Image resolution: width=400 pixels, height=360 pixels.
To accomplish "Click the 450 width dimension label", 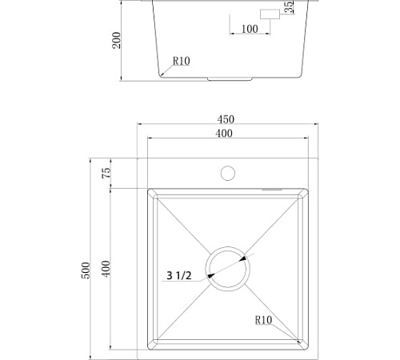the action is pos(226,119).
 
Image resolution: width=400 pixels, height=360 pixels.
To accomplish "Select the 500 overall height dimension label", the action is pos(86,270).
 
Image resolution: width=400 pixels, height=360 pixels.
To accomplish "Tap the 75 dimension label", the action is pos(106,173).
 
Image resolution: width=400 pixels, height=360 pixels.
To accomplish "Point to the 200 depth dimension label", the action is pos(116,40).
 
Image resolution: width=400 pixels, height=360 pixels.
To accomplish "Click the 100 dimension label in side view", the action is pos(250,29).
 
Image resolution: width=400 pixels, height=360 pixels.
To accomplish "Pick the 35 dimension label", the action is pos(289,6).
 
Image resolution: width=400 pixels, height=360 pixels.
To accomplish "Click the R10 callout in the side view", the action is pos(182,61).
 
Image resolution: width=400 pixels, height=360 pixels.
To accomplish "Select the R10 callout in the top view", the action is pos(263,320).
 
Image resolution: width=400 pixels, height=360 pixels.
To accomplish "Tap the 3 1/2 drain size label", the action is pos(179,275).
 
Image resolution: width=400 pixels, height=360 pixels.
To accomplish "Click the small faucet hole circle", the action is pos(228,173).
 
